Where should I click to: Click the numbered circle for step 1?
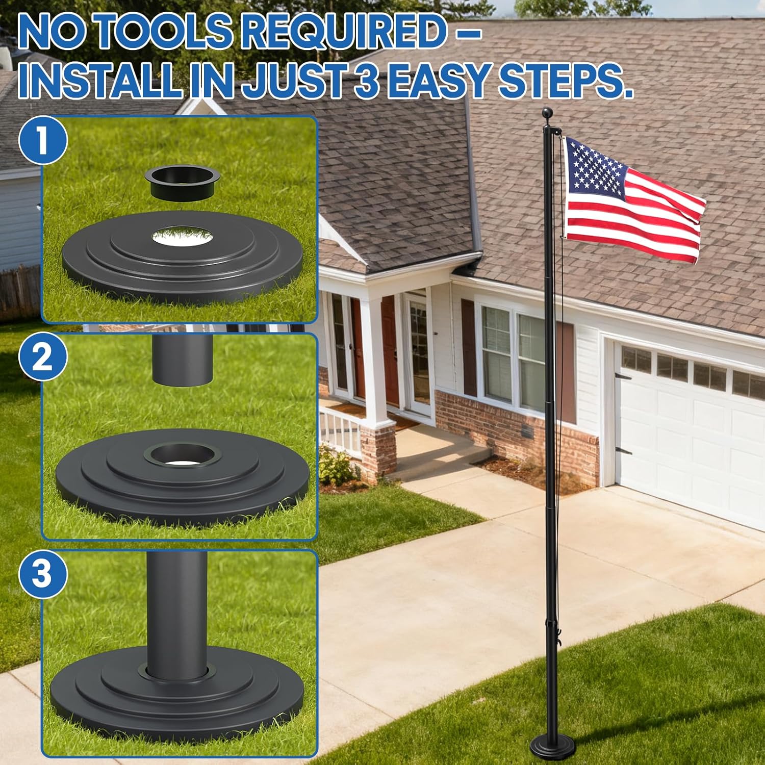click(x=43, y=140)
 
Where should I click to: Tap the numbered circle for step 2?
click(x=43, y=357)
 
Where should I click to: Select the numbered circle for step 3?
click(x=43, y=573)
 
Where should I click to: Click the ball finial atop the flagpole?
click(x=547, y=113)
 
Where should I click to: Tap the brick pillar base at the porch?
click(x=378, y=449)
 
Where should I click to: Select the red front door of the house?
click(x=390, y=352)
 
